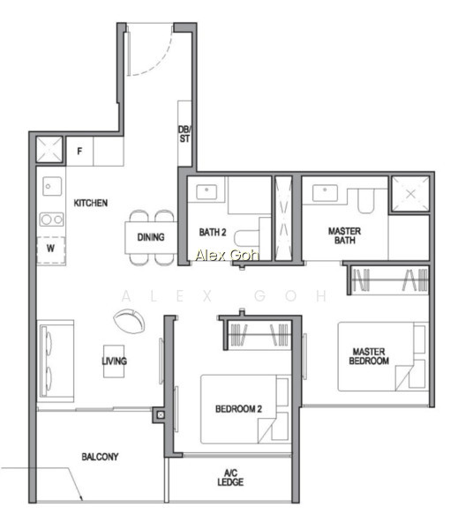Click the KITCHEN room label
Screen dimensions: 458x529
[x=91, y=203]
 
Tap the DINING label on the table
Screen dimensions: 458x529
[x=151, y=237]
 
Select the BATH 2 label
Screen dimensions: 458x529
[x=213, y=232]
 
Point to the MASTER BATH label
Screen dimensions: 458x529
[x=344, y=235]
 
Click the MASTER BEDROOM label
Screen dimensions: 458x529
[x=369, y=356]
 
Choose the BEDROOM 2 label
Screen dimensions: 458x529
[x=238, y=409]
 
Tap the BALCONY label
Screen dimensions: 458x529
[x=100, y=457]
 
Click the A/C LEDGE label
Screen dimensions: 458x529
[x=230, y=477]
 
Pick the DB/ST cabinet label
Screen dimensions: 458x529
[x=184, y=134]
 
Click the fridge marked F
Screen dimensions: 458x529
[x=79, y=151]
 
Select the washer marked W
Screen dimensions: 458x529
[x=50, y=250]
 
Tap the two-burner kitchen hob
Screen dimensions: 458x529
[x=52, y=220]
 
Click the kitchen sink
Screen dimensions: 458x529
[x=52, y=186]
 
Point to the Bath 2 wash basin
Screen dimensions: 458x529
[x=206, y=191]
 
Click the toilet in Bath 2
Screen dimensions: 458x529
[x=247, y=238]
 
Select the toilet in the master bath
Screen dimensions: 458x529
[x=366, y=201]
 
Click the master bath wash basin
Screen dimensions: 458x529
[x=325, y=192]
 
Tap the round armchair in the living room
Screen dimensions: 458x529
[x=130, y=321]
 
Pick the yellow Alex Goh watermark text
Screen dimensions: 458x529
[x=227, y=255]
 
